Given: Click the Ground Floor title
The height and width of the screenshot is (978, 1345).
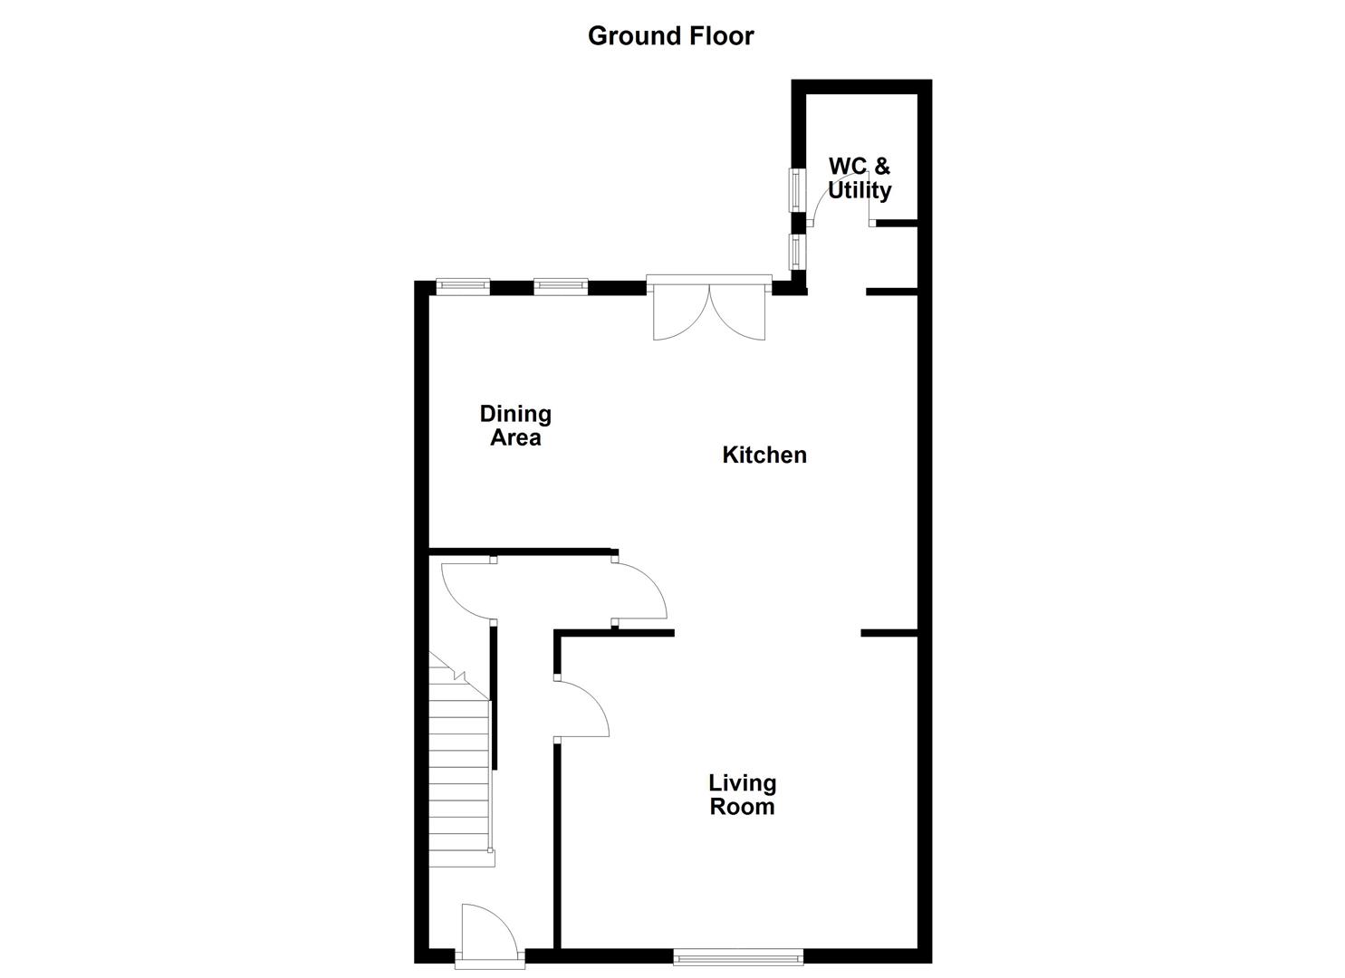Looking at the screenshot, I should point(670,36).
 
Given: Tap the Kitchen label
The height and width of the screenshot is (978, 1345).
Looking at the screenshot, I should point(764,455).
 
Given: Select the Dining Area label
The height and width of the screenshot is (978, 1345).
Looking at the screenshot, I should point(515,426).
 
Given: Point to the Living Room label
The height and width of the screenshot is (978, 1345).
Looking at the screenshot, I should point(742,794).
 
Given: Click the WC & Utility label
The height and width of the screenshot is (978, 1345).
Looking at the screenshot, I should point(860,178).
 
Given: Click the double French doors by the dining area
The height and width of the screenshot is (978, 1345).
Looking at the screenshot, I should point(709,310).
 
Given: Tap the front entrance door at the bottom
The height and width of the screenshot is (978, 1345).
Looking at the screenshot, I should point(490,933).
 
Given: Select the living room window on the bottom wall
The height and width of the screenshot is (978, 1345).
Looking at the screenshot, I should point(738,954).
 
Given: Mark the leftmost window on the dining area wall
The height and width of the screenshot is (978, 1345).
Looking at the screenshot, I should point(463,287).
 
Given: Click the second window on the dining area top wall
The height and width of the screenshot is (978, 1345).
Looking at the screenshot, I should point(561,287).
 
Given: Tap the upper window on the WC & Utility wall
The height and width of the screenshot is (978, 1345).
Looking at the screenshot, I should point(797,189).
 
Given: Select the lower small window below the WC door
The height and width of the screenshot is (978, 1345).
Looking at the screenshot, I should point(797,252).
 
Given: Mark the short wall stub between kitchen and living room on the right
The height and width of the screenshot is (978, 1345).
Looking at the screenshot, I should point(889,632).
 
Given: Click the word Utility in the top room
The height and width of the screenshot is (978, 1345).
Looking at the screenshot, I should point(860,191).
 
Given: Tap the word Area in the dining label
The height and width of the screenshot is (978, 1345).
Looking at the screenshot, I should point(515,438).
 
